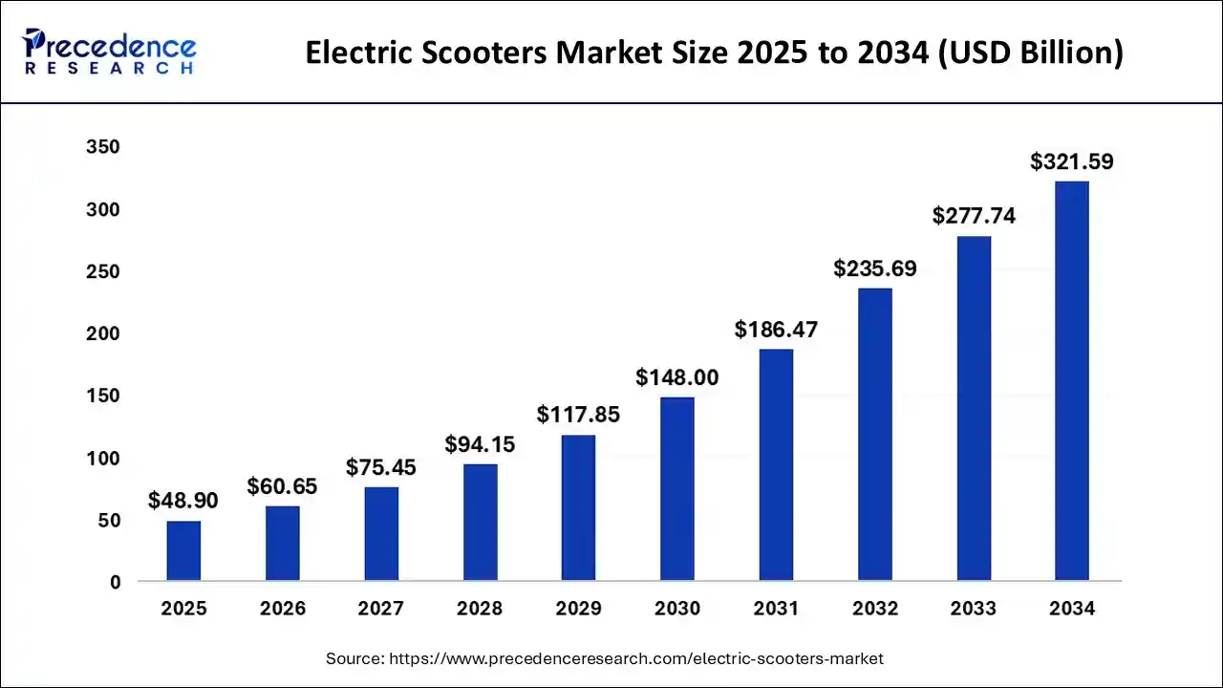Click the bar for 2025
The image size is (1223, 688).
pyautogui.click(x=183, y=550)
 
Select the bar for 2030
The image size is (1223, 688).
pyautogui.click(x=677, y=488)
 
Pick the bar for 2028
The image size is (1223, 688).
pyautogui.click(x=480, y=522)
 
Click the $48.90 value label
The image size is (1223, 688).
pyautogui.click(x=183, y=502)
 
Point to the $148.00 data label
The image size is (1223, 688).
pyautogui.click(x=677, y=378)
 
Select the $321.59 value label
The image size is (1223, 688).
pyautogui.click(x=1072, y=162)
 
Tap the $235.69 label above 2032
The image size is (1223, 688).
pyautogui.click(x=874, y=269)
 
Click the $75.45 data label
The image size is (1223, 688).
pyautogui.click(x=381, y=468)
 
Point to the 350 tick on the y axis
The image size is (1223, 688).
pyautogui.click(x=102, y=147)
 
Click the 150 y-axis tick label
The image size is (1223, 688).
pyautogui.click(x=102, y=396)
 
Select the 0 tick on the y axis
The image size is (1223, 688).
pyautogui.click(x=115, y=582)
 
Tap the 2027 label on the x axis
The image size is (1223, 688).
pyautogui.click(x=381, y=609)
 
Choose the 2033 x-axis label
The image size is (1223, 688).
pyautogui.click(x=974, y=609)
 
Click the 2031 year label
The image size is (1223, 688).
pyautogui.click(x=776, y=609)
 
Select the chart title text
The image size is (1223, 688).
pyautogui.click(x=714, y=54)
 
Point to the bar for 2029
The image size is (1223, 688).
pyautogui.click(x=578, y=507)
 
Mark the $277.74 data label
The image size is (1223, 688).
pyautogui.click(x=974, y=217)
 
